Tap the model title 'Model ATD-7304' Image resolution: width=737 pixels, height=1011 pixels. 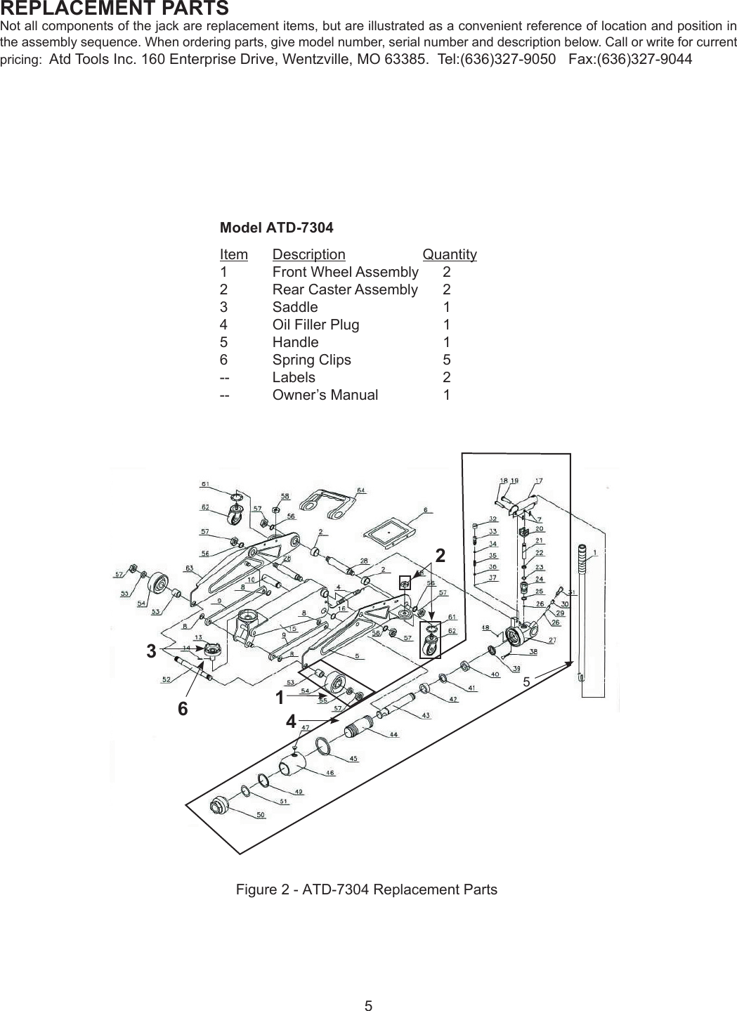276,228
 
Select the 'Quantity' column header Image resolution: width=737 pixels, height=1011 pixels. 450,254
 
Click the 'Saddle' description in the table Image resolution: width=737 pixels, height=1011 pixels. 294,307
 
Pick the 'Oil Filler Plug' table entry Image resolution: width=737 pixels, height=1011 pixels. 315,325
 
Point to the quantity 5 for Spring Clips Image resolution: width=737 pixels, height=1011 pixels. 447,360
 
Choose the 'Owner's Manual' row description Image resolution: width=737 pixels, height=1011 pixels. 325,395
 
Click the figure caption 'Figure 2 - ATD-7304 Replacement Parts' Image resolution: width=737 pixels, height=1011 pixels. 366,889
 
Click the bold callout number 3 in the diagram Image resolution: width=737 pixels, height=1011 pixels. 151,651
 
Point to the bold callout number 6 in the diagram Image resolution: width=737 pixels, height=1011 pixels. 183,709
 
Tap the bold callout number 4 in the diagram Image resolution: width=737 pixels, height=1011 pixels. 290,722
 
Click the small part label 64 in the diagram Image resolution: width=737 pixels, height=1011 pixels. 360,490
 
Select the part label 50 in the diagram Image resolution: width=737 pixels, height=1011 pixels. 260,816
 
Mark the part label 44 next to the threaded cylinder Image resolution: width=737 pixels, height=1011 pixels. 393,735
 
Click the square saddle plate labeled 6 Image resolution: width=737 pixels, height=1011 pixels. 388,529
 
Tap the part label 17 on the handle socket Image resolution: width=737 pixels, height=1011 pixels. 539,481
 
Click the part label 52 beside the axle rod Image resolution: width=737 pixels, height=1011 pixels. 166,679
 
